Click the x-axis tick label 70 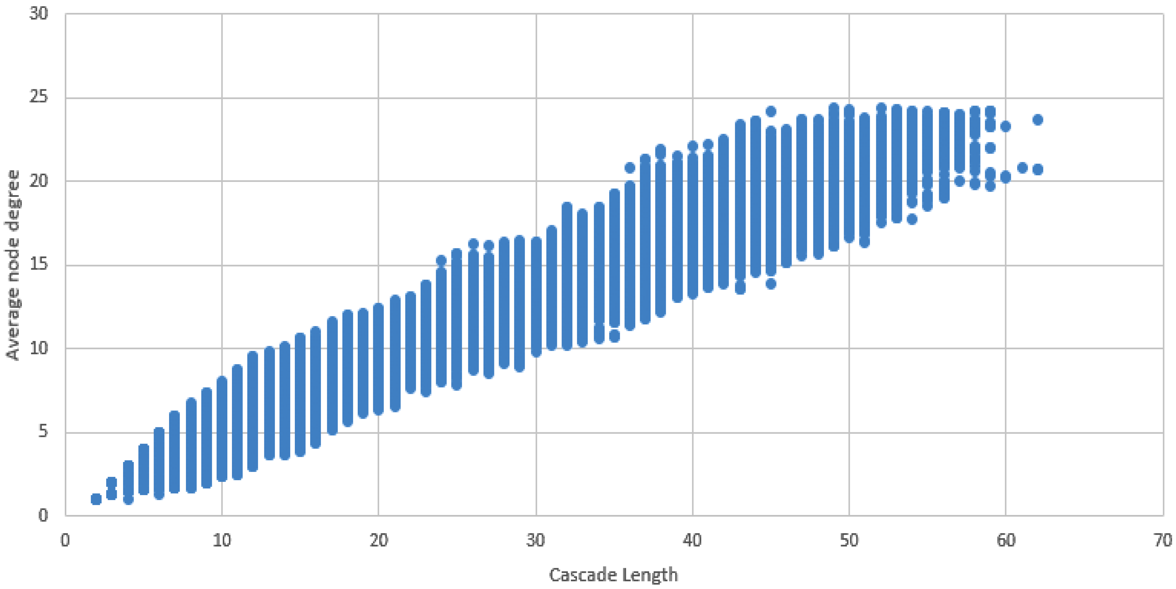pyautogui.click(x=1162, y=540)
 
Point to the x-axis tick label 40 pyautogui.click(x=692, y=540)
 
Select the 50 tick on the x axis pyautogui.click(x=849, y=540)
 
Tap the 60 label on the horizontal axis pyautogui.click(x=1006, y=540)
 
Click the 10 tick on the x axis pyautogui.click(x=222, y=540)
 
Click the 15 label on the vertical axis pyautogui.click(x=38, y=265)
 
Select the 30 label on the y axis pyautogui.click(x=38, y=14)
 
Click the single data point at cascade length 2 pyautogui.click(x=96, y=499)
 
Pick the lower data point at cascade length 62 pyautogui.click(x=1038, y=170)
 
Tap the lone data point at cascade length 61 pyautogui.click(x=1022, y=168)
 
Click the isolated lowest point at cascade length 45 pyautogui.click(x=771, y=284)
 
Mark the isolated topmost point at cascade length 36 pyautogui.click(x=630, y=168)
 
